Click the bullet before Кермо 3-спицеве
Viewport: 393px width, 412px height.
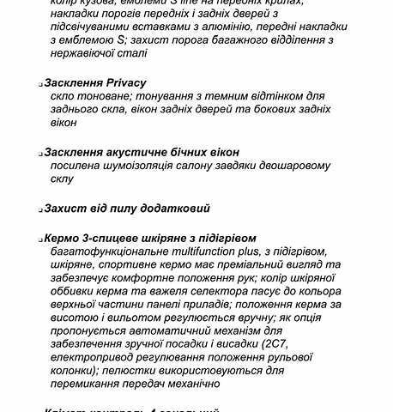[x=40, y=239]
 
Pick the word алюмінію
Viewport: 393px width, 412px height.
[x=233, y=26]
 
